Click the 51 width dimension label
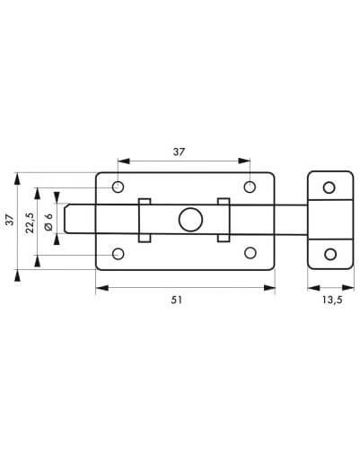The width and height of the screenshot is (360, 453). point(176,300)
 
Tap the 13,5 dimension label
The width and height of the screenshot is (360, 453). point(332,300)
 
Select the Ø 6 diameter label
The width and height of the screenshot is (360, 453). point(48,222)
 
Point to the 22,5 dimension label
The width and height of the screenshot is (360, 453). point(30,222)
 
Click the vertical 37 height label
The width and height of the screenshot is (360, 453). point(10,220)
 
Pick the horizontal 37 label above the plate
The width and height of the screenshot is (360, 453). point(179,152)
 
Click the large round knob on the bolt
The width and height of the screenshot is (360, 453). point(190,220)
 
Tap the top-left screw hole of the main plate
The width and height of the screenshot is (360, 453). point(119,187)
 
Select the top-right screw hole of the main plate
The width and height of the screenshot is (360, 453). point(250,187)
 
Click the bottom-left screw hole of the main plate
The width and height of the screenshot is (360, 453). point(119,254)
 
